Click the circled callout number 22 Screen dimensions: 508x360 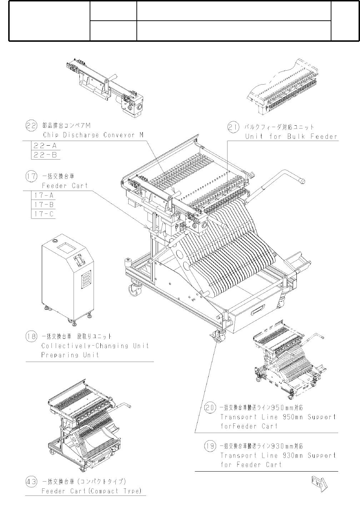31,125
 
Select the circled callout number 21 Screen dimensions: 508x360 234,127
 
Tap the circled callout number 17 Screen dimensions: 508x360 31,176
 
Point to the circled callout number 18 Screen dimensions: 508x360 31,336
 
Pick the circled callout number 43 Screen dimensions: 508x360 31,482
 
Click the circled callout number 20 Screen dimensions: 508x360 210,407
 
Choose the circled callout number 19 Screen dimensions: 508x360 210,446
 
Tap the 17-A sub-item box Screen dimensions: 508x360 44,195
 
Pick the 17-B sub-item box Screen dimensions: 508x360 44,205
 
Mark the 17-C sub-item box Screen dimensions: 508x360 44,214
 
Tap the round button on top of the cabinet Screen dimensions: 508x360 55,241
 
